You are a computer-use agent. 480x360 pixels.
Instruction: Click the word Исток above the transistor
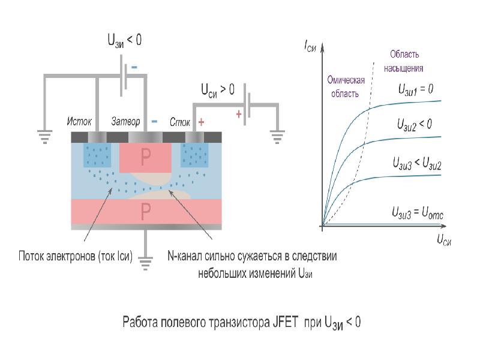pyautogui.click(x=79, y=122)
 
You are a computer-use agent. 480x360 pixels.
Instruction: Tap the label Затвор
pyautogui.click(x=125, y=122)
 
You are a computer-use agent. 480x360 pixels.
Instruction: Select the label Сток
pyautogui.click(x=180, y=122)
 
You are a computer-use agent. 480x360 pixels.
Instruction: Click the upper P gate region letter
pyautogui.click(x=145, y=157)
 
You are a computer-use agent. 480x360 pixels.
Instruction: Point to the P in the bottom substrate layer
pyautogui.click(x=146, y=211)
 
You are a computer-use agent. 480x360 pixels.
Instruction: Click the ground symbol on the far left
pyautogui.click(x=44, y=137)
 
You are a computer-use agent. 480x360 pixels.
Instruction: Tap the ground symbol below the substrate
pyautogui.click(x=145, y=263)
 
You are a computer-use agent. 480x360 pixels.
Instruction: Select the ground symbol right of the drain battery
pyautogui.click(x=277, y=137)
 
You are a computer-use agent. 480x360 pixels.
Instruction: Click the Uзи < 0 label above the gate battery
pyautogui.click(x=125, y=41)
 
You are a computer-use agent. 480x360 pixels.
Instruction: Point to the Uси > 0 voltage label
pyautogui.click(x=218, y=91)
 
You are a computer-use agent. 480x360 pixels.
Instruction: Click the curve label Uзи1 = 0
pyautogui.click(x=416, y=89)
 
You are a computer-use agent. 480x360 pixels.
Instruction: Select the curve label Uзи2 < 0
pyautogui.click(x=415, y=125)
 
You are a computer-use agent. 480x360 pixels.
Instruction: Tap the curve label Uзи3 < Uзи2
pyautogui.click(x=417, y=163)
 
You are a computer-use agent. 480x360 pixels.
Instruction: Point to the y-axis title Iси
pyautogui.click(x=310, y=46)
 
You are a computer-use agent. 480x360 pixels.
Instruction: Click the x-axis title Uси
pyautogui.click(x=444, y=239)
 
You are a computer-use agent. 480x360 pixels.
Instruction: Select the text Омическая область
pyautogui.click(x=346, y=86)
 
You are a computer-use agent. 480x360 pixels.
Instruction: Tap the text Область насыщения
pyautogui.click(x=404, y=61)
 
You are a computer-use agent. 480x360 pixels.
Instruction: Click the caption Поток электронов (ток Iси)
pyautogui.click(x=76, y=256)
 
